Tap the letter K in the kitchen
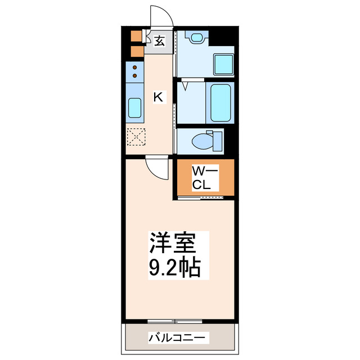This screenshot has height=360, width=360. [159, 97]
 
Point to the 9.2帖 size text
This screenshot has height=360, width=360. [174, 268]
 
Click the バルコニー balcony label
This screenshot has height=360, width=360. [178, 338]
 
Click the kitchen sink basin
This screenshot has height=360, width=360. [135, 107]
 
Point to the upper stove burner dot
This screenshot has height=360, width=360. [135, 67]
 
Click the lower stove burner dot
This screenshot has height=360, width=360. [135, 75]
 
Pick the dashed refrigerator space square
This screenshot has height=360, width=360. [136, 137]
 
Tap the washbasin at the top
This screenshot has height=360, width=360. [196, 38]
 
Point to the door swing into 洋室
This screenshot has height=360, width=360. [157, 169]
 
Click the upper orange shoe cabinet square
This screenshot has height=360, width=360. [136, 36]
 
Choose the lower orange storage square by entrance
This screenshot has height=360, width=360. [136, 52]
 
